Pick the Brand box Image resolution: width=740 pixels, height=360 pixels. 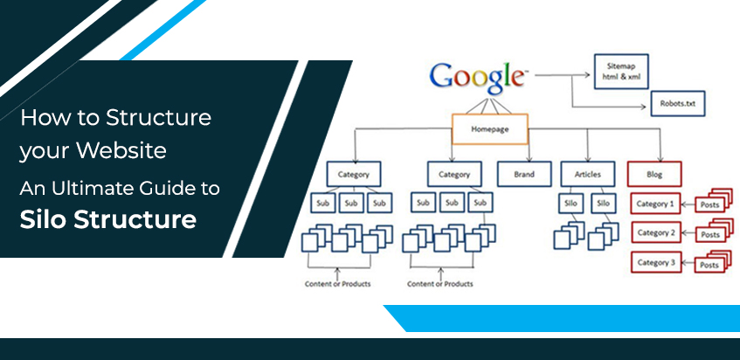pos(523,175)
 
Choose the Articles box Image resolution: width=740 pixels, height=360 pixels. pos(587,175)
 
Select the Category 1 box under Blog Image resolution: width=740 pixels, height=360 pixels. pos(654,204)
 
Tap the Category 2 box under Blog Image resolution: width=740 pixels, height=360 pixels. pos(654,233)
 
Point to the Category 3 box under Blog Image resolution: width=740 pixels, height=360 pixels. pos(654,262)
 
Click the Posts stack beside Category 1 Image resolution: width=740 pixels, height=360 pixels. pos(709,204)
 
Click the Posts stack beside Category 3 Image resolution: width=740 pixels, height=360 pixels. pos(709,263)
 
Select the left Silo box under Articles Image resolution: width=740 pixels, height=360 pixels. pos(571,204)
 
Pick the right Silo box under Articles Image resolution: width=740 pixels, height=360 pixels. pos(602,204)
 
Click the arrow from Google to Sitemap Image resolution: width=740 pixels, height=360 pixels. pos(560,75)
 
